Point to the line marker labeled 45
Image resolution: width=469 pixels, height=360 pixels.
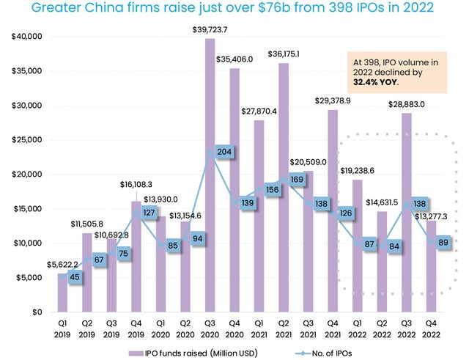73,277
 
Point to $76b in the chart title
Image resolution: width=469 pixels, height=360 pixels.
280,10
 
